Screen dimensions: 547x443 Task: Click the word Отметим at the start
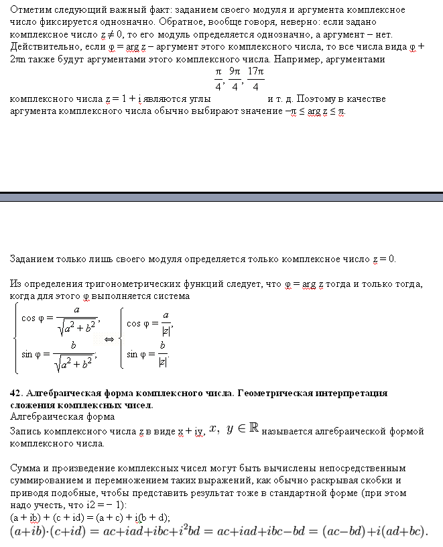(31, 10)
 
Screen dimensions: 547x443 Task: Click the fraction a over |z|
(165, 322)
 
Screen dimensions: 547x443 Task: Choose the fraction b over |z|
(163, 353)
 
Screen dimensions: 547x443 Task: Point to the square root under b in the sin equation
(74, 363)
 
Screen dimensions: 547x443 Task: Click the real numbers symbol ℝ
(254, 429)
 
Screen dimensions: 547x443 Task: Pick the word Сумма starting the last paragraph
(25, 468)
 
